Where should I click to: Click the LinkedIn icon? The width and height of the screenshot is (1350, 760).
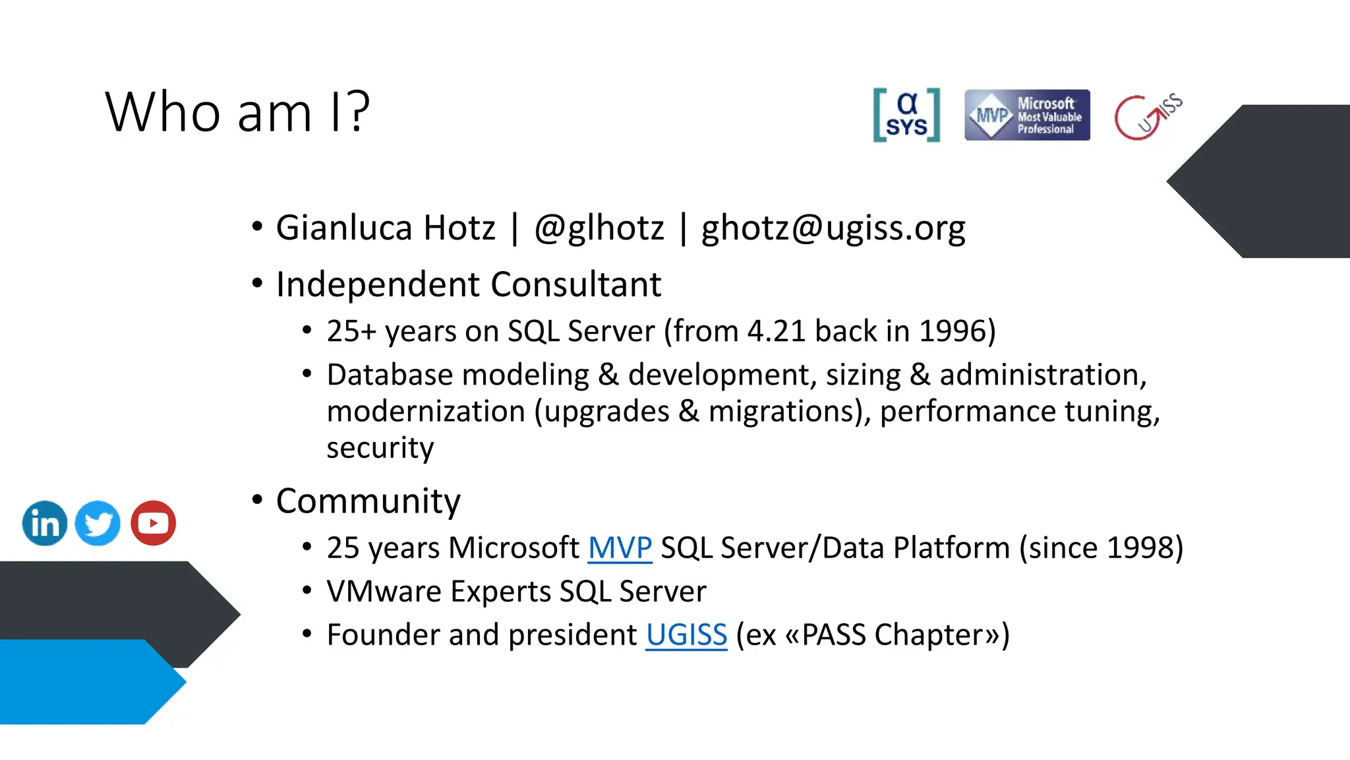(x=45, y=523)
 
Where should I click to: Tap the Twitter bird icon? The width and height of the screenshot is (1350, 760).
(x=98, y=523)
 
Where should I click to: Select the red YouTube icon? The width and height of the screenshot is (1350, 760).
(x=153, y=523)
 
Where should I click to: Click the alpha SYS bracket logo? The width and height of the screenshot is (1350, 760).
(x=906, y=115)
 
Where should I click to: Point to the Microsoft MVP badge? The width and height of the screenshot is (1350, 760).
(x=1027, y=115)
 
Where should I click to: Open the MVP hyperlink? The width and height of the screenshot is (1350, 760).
(x=620, y=548)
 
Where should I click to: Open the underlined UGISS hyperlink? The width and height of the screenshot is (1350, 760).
(x=686, y=635)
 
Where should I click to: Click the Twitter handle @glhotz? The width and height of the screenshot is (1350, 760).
(x=599, y=228)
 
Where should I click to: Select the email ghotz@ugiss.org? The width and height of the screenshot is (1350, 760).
(x=833, y=228)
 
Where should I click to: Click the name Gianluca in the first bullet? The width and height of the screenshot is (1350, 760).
(x=344, y=228)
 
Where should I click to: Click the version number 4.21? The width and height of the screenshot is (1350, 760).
(x=776, y=331)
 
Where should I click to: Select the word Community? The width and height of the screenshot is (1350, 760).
(x=368, y=501)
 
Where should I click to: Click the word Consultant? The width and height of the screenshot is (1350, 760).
(x=575, y=285)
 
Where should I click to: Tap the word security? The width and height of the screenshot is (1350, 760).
(x=380, y=449)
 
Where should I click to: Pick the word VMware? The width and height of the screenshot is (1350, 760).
(x=384, y=592)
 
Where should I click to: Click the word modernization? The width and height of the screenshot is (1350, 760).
(x=426, y=412)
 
